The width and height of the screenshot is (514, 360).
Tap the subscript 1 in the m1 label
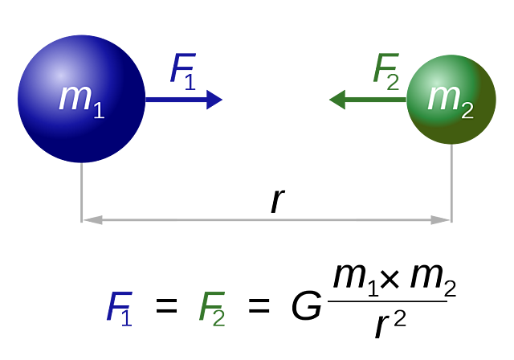click(99, 110)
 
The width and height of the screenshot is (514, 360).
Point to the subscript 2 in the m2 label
click(467, 110)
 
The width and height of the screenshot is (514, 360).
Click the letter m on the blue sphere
click(74, 96)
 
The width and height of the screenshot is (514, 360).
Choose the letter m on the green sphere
click(443, 96)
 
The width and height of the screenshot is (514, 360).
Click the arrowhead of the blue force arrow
click(215, 100)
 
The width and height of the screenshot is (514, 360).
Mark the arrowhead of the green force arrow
click(337, 100)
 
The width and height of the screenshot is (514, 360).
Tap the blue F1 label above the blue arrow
click(183, 68)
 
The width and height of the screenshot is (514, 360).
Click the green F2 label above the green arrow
click(386, 68)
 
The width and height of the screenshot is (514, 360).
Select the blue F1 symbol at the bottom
click(120, 307)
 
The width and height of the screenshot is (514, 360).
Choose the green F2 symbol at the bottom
click(213, 307)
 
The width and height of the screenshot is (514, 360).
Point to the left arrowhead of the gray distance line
click(93, 219)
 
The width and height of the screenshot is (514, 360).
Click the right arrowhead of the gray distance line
click(439, 219)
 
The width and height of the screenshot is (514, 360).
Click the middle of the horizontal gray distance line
click(266, 219)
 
